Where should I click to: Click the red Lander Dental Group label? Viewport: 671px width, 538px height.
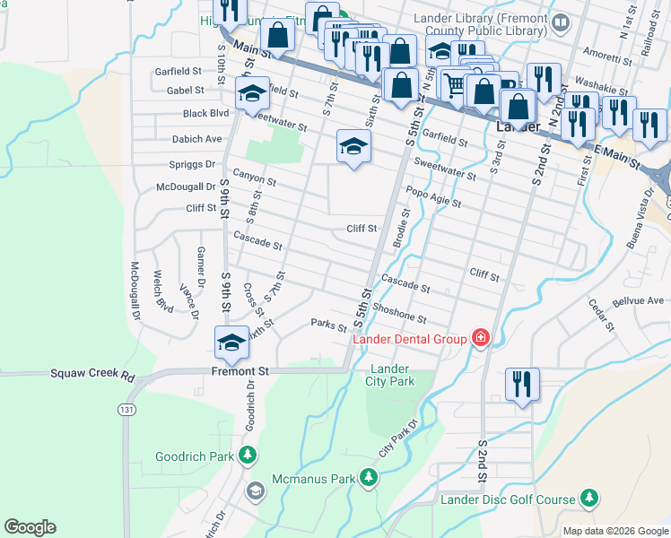point(410,339)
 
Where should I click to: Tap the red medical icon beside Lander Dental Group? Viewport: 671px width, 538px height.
point(481,338)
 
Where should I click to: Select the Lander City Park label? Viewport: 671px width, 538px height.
point(390,375)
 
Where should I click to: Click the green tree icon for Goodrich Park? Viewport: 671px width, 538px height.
point(248,456)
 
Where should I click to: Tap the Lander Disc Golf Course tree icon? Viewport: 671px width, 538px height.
point(588,497)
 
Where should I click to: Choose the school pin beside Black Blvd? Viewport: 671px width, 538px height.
point(253,94)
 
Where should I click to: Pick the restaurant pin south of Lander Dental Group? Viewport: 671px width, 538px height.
point(521,385)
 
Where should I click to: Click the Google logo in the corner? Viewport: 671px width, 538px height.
point(30,527)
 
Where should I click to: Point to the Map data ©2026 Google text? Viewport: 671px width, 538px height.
point(614,531)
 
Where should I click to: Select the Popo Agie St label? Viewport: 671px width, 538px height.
point(433,196)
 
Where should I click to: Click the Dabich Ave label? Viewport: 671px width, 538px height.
point(196,140)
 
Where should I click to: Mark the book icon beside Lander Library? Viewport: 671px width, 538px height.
point(560,22)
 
